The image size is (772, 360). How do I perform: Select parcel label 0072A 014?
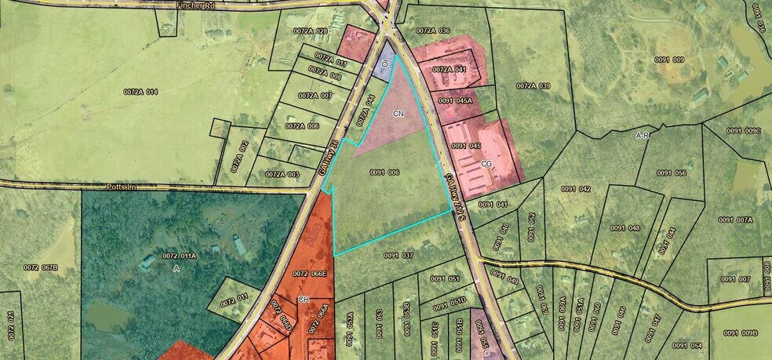pos(140,93)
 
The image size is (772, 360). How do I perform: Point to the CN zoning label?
pos(399,114)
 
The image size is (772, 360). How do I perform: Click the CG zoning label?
pos(486,164)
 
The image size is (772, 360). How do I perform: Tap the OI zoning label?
pos(385,62)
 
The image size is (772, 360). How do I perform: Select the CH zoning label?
pos(304,300)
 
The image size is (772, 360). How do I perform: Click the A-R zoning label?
pos(643,136)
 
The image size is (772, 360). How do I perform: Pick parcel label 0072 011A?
pos(180,256)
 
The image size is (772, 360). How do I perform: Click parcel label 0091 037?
pos(398,255)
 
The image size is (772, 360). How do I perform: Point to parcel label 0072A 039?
pos(533,85)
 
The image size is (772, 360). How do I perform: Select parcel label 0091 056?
pos(672,173)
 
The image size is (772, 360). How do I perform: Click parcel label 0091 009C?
pos(744,130)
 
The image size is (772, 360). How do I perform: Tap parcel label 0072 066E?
pos(310,274)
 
